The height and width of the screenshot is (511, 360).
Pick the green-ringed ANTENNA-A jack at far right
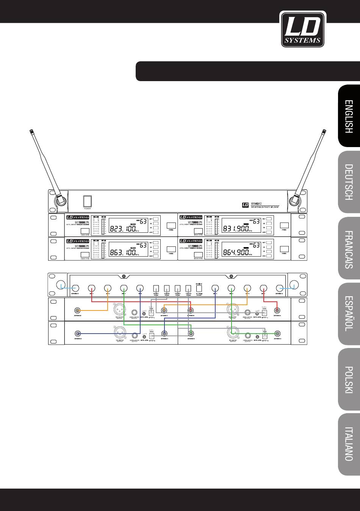278,334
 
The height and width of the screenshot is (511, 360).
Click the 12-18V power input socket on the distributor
199,288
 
